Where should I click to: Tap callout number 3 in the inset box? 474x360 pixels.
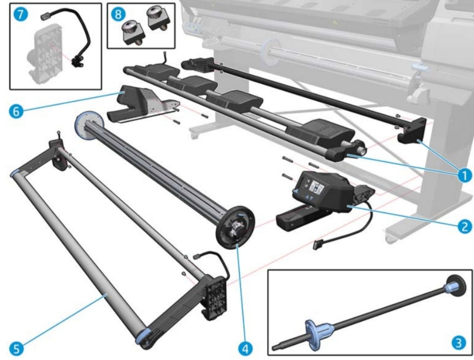457,341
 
